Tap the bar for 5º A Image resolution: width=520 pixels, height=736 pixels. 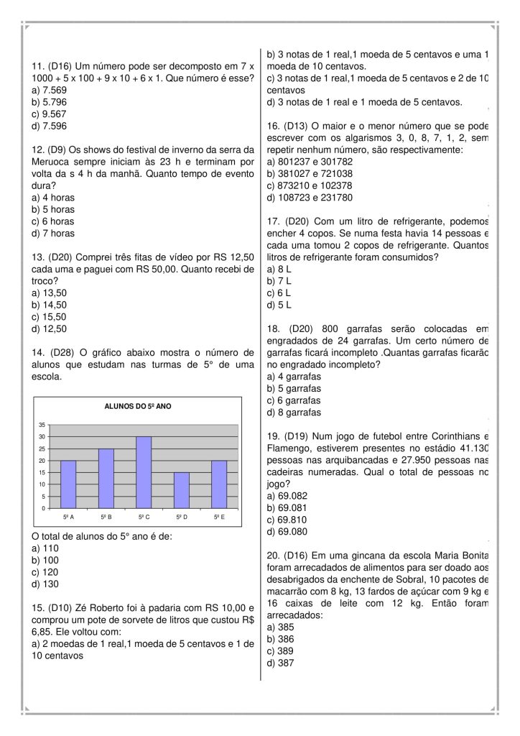[x=68, y=484]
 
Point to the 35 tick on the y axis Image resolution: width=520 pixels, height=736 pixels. [x=42, y=425]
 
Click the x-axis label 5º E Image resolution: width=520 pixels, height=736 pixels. [x=219, y=517]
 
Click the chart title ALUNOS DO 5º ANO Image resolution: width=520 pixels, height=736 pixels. [x=138, y=407]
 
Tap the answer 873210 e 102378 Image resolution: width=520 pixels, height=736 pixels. [x=310, y=185]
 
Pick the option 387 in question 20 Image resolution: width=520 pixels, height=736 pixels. [x=279, y=663]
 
